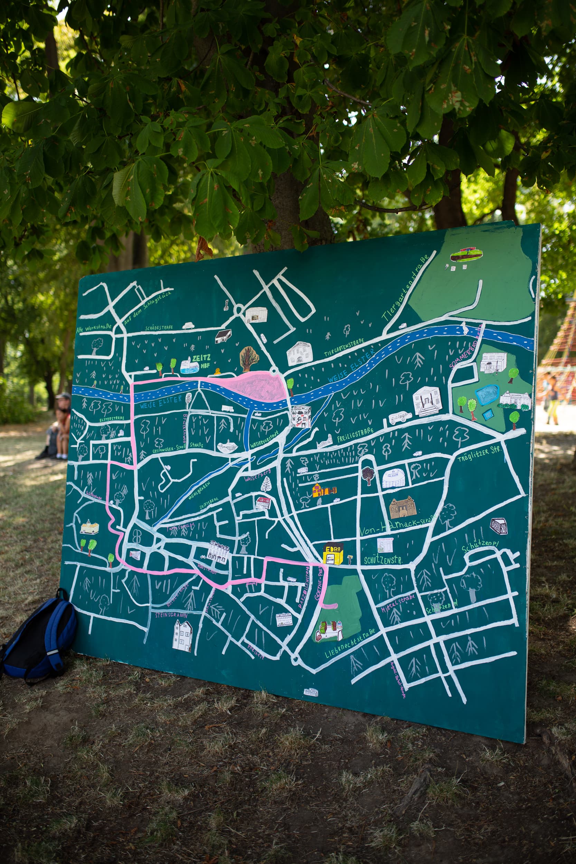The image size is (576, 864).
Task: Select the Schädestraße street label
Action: point(159,327)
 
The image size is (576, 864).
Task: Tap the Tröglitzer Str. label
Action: point(479,456)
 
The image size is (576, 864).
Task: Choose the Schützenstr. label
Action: point(382,561)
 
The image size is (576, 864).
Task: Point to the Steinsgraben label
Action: point(171,614)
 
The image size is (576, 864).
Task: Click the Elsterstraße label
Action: point(111,419)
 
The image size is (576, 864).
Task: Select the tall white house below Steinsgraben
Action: point(182,636)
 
